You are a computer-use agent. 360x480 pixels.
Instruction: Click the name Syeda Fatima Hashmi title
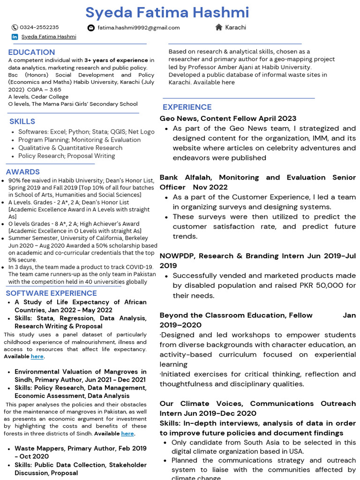[x=167, y=13]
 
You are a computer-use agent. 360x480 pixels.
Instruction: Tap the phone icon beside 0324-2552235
[x=15, y=28]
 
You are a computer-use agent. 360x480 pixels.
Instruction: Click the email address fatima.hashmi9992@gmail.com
[x=138, y=28]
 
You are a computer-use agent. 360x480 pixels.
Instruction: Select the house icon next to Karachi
[x=218, y=27]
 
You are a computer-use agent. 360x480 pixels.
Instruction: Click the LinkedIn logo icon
[x=15, y=37]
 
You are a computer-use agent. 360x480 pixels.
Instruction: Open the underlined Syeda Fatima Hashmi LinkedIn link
[x=49, y=37]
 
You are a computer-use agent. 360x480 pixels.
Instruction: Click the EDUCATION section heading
[x=31, y=52]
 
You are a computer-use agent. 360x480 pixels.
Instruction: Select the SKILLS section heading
[x=22, y=121]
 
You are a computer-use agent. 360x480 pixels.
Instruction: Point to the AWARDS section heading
[x=22, y=172]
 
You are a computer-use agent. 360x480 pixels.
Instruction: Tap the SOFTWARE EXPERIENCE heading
[x=51, y=293]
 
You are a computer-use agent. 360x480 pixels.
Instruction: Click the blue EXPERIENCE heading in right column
[x=187, y=107]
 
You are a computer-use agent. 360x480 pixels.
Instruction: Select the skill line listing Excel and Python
[x=86, y=132]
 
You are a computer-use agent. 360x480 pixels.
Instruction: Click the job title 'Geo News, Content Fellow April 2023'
[x=228, y=119]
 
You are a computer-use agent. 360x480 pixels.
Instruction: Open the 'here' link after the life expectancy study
[x=37, y=357]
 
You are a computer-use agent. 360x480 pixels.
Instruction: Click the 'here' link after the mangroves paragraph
[x=127, y=434]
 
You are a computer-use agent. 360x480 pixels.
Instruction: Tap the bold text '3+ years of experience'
[x=116, y=60]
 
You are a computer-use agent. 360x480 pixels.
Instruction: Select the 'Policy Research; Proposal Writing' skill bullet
[x=67, y=156]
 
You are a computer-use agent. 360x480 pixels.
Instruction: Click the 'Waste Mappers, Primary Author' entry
[x=80, y=449]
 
